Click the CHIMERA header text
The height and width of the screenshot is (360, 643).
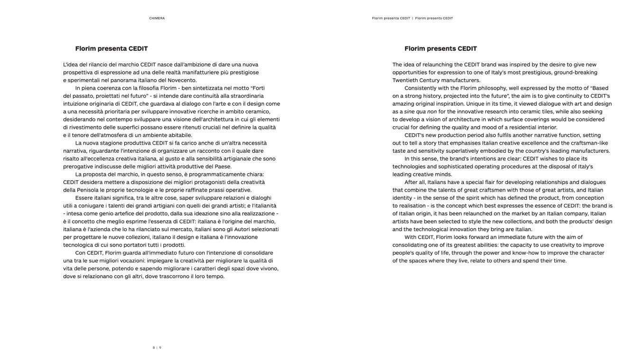coord(157,18)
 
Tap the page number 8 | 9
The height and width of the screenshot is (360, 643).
coord(157,348)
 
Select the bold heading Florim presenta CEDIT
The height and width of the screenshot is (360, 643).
coord(111,48)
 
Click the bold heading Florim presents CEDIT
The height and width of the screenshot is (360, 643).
coord(441,48)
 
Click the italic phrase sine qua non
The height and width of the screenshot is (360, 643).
coord(420,111)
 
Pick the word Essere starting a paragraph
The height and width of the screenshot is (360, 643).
coord(84,198)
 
